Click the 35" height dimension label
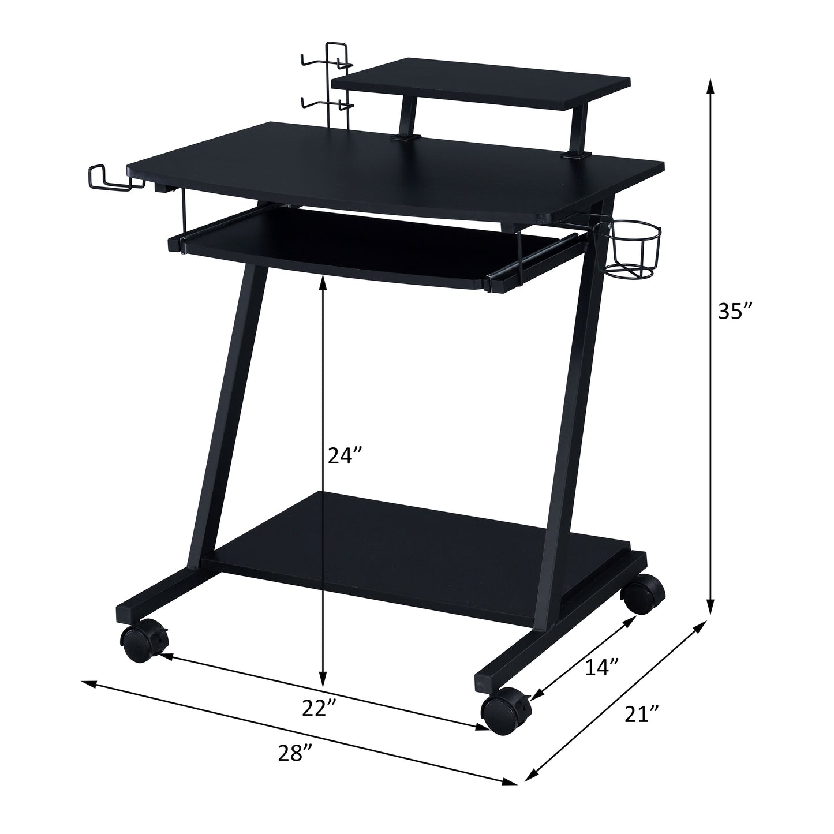[735, 312]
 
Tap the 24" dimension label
[345, 456]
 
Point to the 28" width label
[294, 754]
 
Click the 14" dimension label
[602, 668]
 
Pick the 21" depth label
[642, 714]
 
